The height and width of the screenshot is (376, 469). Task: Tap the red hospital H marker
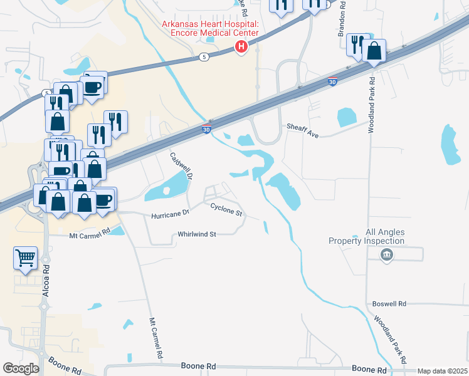240,46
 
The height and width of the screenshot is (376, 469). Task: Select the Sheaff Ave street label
303,126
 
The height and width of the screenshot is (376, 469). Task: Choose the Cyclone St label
226,209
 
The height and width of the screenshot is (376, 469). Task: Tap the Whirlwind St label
196,234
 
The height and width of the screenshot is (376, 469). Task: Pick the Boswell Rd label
389,303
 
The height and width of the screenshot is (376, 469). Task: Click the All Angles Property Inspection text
367,236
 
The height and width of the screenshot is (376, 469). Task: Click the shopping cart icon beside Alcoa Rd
25,257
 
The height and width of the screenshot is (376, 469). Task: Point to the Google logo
21,368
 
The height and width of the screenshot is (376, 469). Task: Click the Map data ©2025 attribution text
441,371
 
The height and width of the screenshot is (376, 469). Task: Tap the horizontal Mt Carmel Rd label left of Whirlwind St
89,230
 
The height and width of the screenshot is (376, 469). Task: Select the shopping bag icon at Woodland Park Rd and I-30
374,51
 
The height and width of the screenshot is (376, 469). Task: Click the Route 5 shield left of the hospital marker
204,57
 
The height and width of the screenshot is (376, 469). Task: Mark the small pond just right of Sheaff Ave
346,117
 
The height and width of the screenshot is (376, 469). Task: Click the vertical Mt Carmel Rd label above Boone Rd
155,338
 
